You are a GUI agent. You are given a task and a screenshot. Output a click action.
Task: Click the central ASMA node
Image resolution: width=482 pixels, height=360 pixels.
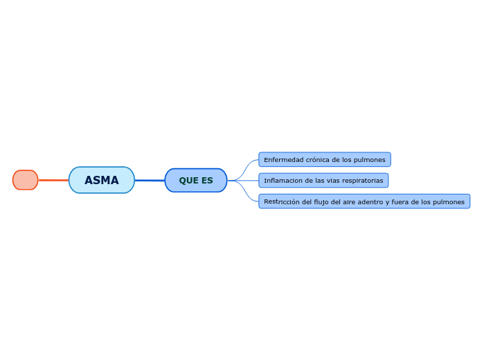102,180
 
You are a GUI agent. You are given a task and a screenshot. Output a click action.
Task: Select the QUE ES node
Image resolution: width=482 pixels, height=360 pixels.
196,180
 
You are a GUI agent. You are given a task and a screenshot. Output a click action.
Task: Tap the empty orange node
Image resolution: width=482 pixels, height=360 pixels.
26,180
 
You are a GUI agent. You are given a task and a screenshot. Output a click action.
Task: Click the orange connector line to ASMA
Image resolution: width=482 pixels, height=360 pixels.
53,180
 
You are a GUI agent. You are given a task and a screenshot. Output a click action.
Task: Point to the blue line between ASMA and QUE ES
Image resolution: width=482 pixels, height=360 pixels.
150,180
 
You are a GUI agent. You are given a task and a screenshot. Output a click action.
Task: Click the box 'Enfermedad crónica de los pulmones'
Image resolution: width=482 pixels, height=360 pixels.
325,160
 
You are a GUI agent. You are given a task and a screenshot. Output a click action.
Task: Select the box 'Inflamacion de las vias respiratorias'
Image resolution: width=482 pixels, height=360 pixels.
323,181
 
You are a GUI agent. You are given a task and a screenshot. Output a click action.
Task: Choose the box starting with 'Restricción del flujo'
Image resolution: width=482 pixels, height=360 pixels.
364,201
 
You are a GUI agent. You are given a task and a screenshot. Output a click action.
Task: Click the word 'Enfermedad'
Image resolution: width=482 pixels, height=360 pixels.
283,160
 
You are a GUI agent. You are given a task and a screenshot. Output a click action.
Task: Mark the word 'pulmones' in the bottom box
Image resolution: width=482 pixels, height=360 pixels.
448,201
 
